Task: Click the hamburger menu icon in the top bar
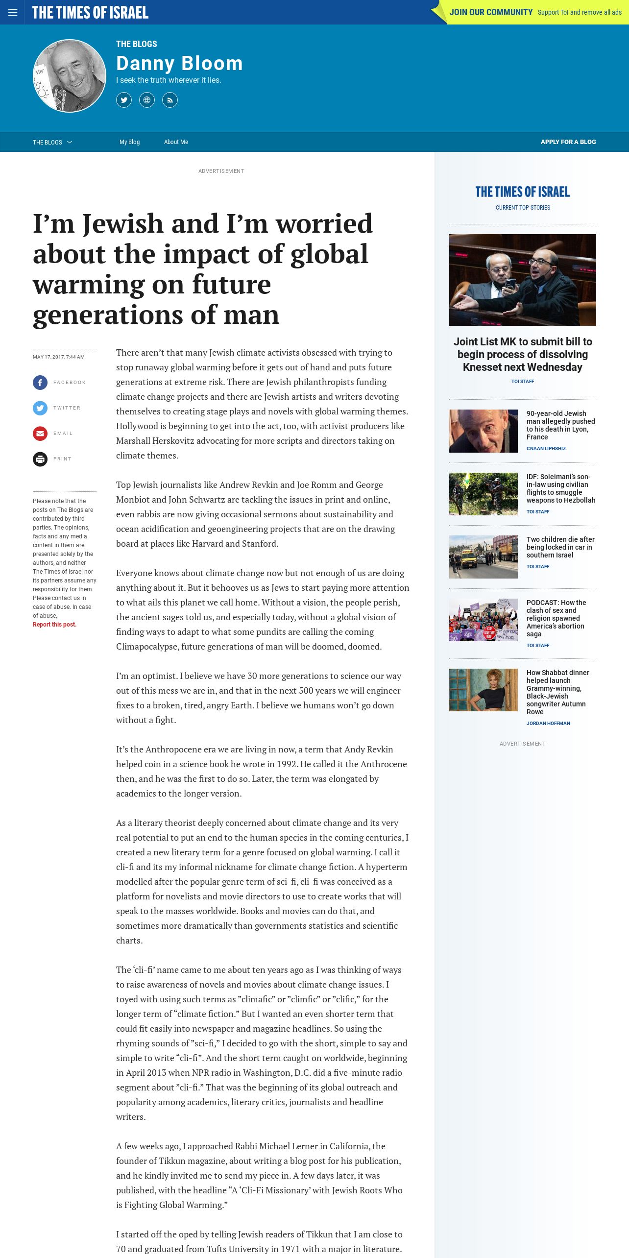coord(13,12)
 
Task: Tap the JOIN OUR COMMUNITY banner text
coord(491,12)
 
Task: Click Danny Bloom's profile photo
coord(70,76)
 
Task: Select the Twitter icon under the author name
coord(124,100)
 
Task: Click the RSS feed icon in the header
coord(170,100)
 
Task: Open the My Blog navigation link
coord(130,142)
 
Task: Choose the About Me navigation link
coord(176,142)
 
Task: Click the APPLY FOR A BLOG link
coord(568,142)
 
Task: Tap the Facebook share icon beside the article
coord(40,383)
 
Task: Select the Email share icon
coord(40,434)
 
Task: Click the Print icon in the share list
coord(40,459)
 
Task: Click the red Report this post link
coord(54,625)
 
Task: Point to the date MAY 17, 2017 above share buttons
coord(58,357)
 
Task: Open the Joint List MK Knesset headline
coord(523,354)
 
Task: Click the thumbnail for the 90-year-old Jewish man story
coord(483,431)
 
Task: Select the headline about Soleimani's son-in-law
coord(561,488)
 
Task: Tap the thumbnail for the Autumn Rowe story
coord(483,690)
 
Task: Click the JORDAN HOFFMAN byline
coord(548,723)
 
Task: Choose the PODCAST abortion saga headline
coord(556,618)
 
